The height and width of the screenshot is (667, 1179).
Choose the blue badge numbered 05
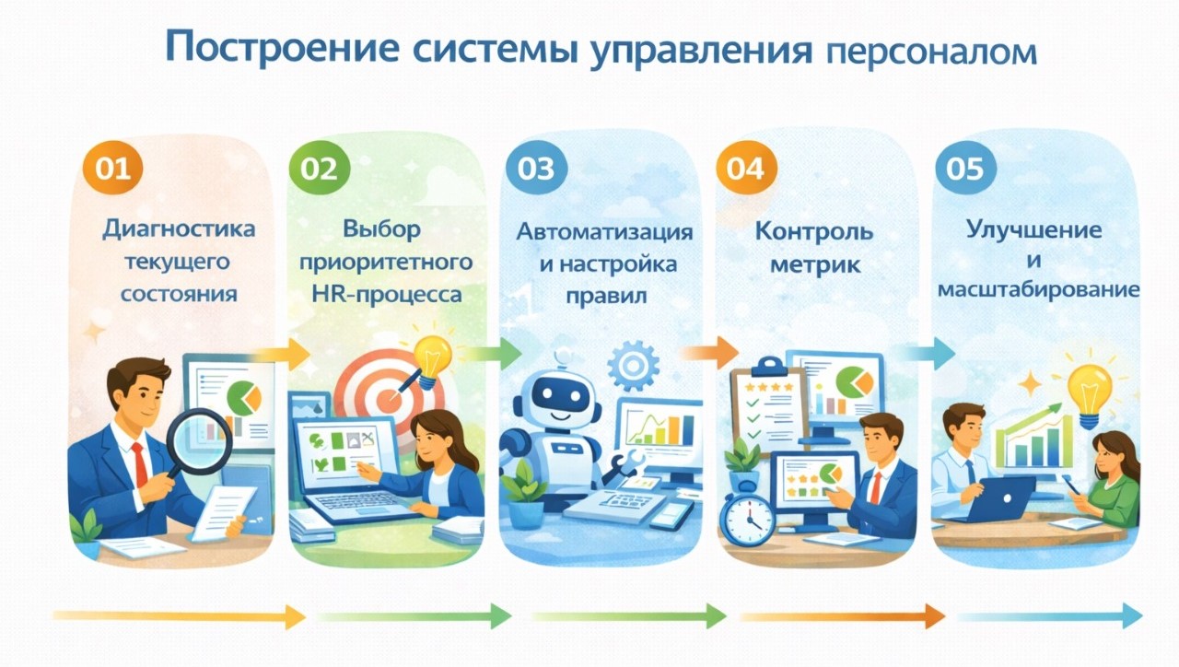(x=959, y=169)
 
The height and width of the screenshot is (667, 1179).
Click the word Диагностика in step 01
(x=178, y=228)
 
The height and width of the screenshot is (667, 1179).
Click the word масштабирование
(x=1037, y=289)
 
